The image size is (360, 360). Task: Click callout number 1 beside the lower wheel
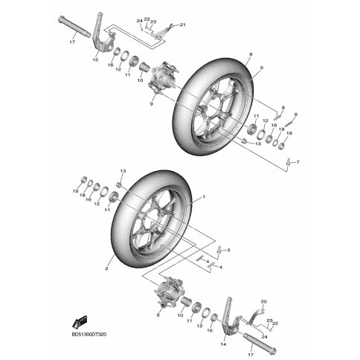pyautogui.click(x=204, y=197)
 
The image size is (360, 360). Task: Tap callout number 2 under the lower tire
pyautogui.click(x=106, y=269)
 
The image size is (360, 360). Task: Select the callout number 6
pyautogui.click(x=251, y=54)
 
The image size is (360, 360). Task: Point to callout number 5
pyautogui.click(x=262, y=68)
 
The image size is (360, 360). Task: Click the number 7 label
pyautogui.click(x=298, y=162)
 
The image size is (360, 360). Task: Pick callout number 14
pyautogui.click(x=223, y=344)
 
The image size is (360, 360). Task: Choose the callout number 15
pyautogui.click(x=95, y=60)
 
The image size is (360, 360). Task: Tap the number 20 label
pyautogui.click(x=264, y=302)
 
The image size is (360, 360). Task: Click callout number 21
pyautogui.click(x=183, y=25)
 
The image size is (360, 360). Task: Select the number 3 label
pyautogui.click(x=228, y=250)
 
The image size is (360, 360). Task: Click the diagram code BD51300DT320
pyautogui.click(x=89, y=335)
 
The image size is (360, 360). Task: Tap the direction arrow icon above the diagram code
pyautogui.click(x=80, y=322)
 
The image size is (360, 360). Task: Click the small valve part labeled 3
pyautogui.click(x=219, y=249)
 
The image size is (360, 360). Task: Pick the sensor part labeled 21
pyautogui.click(x=164, y=31)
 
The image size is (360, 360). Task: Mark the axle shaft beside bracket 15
pyautogui.click(x=74, y=27)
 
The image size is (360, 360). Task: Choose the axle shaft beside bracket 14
pyautogui.click(x=260, y=343)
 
